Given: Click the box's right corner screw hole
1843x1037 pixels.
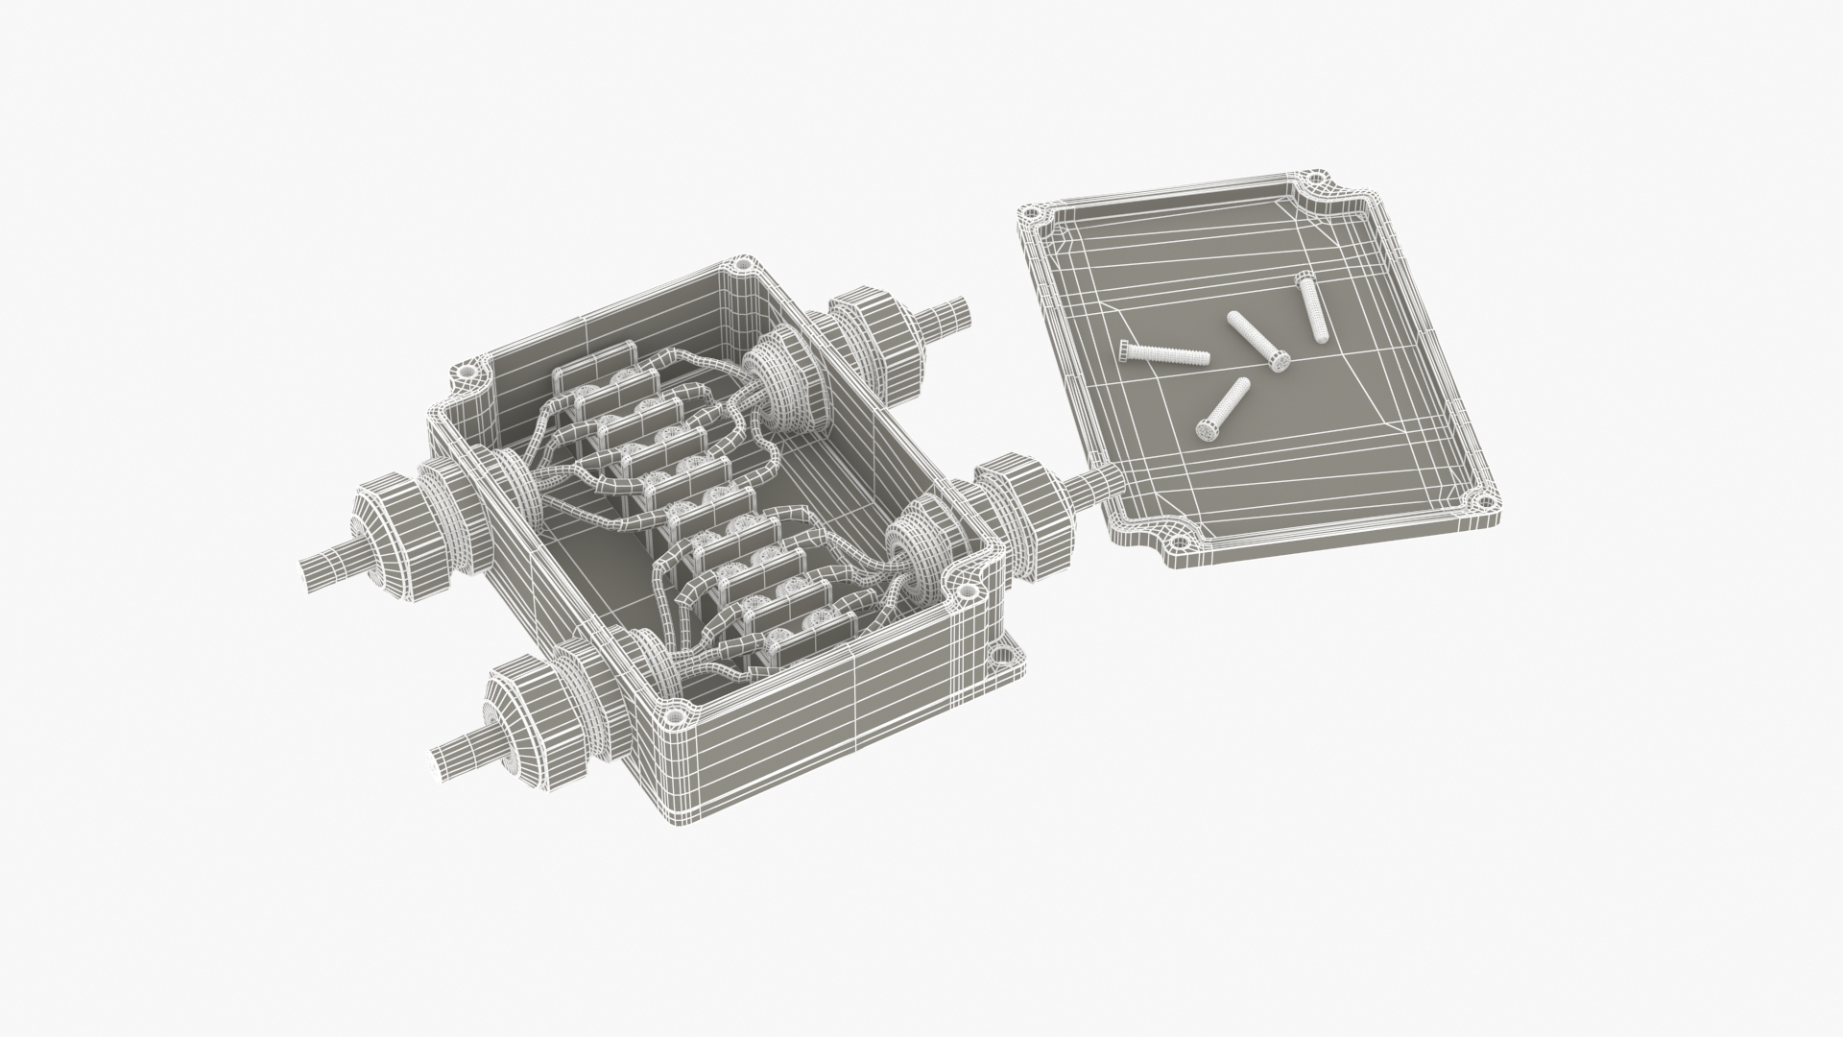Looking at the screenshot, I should [x=967, y=594].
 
